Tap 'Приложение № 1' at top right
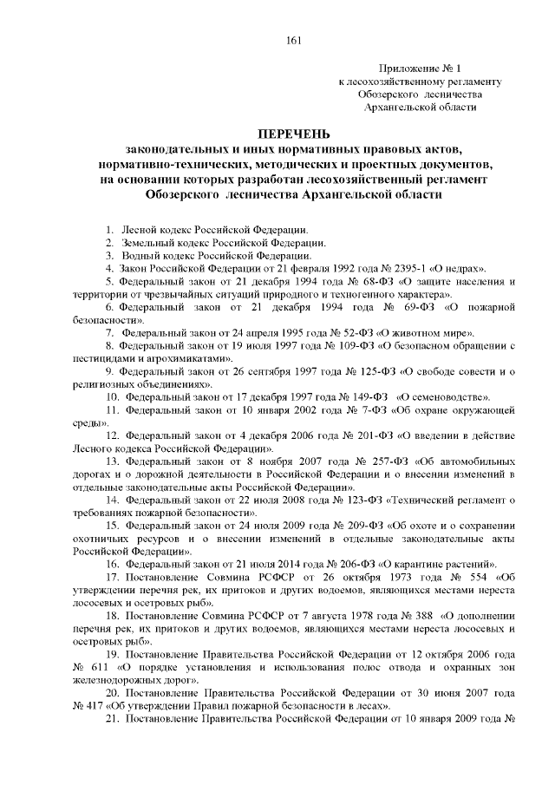click(x=415, y=68)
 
